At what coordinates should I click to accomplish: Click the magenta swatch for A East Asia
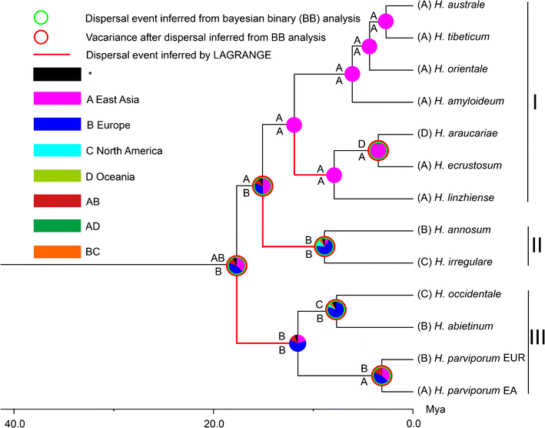click(57, 99)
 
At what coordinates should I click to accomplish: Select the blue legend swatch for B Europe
click(57, 124)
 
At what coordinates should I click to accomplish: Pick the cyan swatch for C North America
click(57, 150)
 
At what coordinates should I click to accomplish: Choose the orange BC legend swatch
click(57, 252)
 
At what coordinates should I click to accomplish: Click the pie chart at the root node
click(236, 264)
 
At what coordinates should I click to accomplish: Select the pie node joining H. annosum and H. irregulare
click(324, 246)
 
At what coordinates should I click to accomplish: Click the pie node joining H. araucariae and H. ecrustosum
click(378, 150)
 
